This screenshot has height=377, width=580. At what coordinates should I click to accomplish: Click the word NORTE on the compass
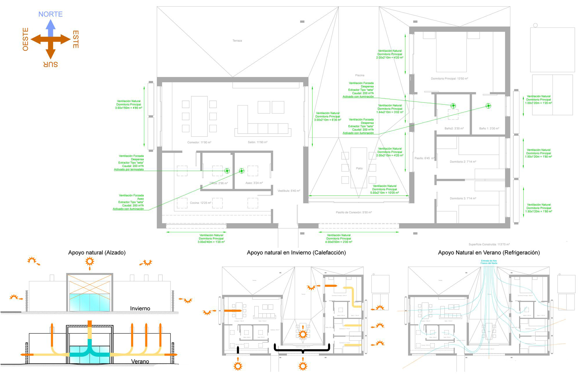50,14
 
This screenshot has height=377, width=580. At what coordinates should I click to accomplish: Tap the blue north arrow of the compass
51,28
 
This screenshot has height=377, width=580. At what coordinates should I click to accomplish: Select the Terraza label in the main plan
237,41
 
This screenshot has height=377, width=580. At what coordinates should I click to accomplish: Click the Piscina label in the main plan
360,75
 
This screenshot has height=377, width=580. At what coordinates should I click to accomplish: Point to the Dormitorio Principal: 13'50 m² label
449,79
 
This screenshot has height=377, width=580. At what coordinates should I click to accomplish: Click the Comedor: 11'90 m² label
199,142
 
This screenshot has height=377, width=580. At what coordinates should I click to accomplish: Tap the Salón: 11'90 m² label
258,142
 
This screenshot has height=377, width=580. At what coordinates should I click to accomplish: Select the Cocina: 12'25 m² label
200,203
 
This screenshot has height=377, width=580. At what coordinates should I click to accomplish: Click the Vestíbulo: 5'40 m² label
289,191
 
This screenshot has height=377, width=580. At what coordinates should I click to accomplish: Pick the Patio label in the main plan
359,168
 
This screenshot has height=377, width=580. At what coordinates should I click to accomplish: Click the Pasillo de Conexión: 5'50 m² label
354,212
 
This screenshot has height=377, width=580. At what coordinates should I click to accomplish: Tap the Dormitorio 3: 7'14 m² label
463,198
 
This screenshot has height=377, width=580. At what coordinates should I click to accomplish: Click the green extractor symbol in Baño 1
488,106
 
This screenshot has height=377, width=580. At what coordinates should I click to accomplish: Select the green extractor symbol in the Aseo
241,171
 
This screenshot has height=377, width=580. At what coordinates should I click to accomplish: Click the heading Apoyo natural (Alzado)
97,252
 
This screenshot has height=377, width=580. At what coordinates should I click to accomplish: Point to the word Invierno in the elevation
140,308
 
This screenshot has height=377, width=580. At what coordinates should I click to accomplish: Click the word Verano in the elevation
140,361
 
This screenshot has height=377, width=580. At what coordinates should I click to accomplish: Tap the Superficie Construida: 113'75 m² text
489,245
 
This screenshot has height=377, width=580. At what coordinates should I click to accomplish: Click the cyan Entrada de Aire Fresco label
489,262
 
